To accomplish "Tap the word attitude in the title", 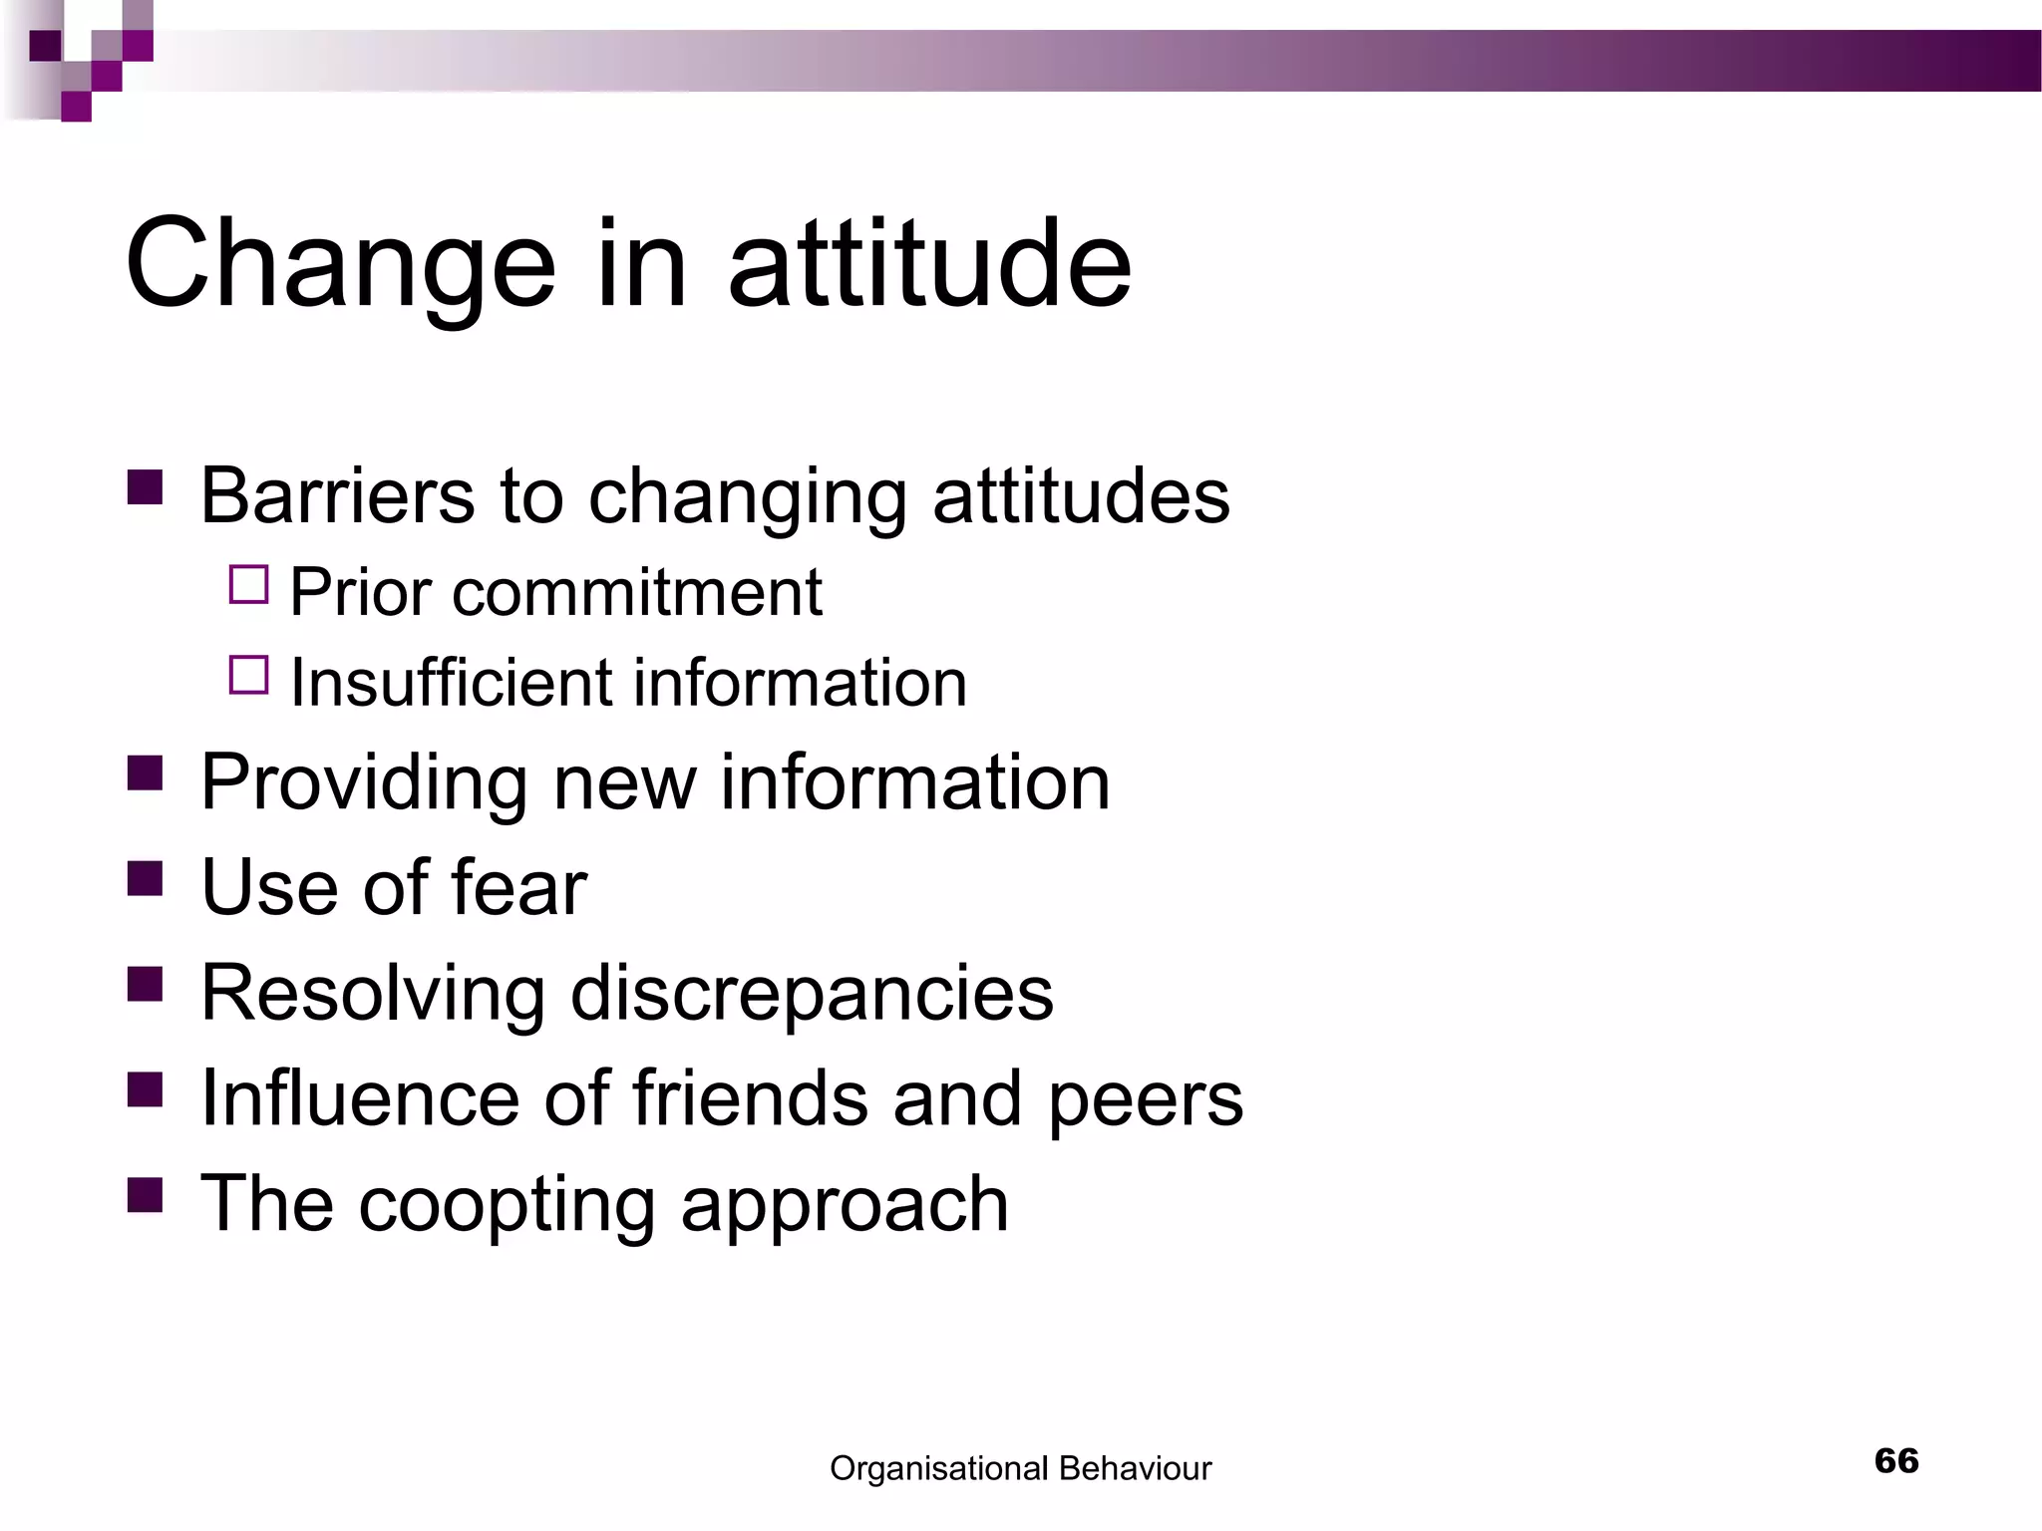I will pos(929,264).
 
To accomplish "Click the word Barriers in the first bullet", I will pos(337,495).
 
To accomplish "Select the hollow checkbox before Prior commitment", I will pos(249,585).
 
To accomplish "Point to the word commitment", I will pos(637,593).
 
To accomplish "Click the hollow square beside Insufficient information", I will pos(249,675).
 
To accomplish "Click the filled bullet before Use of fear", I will pos(146,879).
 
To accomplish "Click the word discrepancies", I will pos(812,993).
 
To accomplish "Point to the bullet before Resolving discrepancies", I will pos(146,985).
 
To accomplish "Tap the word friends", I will pos(750,1098).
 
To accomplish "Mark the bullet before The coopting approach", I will pos(146,1194).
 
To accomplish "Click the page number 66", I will pos(1896,1460).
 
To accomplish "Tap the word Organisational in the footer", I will pos(938,1468).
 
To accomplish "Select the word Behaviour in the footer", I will pos(1135,1468).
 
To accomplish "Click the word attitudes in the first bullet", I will pos(1081,495).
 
